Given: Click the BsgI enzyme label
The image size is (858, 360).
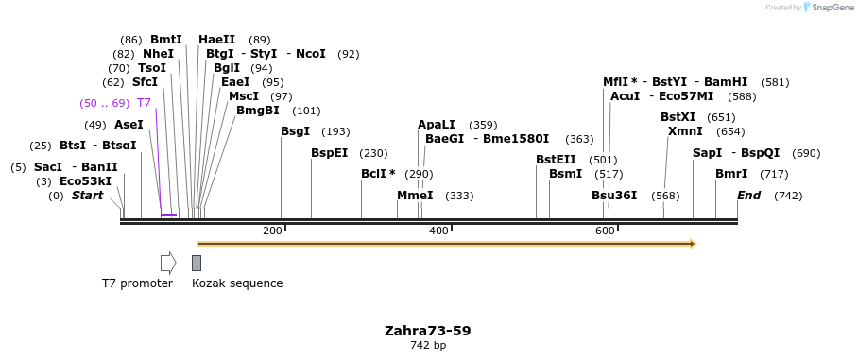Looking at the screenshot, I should (295, 131).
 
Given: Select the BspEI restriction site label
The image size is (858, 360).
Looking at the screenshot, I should (330, 153).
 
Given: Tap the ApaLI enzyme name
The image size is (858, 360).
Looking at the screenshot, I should (437, 125).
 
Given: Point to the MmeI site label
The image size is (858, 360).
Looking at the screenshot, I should (415, 196).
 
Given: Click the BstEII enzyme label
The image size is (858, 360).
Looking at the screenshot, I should (556, 160).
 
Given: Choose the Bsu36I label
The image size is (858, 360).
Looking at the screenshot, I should (614, 196).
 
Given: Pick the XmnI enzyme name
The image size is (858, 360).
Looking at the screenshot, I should (685, 131).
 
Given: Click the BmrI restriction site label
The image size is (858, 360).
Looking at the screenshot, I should (731, 174).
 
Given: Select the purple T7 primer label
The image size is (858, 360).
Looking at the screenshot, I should (144, 103).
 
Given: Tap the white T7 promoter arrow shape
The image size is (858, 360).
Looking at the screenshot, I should (168, 263).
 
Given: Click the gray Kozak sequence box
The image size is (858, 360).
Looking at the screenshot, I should (197, 263).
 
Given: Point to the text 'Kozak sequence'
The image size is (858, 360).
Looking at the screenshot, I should (237, 283).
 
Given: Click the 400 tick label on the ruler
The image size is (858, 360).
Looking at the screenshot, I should (439, 231).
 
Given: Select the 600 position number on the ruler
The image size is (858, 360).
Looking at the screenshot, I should (606, 231).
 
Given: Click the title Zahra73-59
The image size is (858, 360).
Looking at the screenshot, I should (427, 331).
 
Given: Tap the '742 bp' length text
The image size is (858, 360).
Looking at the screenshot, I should (427, 346).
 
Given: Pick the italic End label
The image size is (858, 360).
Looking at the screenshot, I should (749, 196).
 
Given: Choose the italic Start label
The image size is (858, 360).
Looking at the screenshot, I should (88, 196).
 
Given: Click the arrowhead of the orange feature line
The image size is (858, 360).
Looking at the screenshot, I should (693, 244).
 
